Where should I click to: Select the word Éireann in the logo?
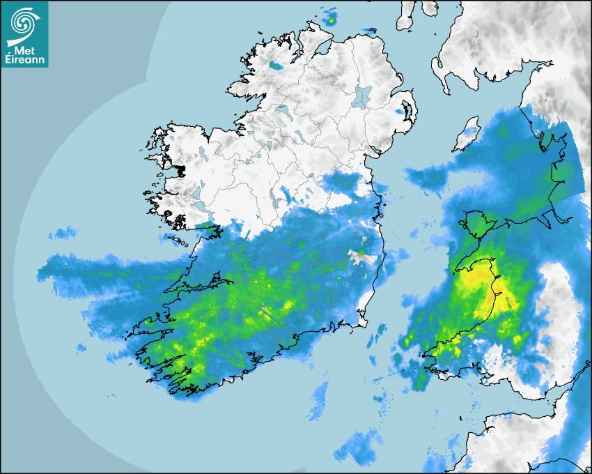click(x=26, y=60)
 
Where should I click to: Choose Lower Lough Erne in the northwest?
click(x=282, y=109)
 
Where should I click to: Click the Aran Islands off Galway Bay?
click(x=179, y=240)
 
